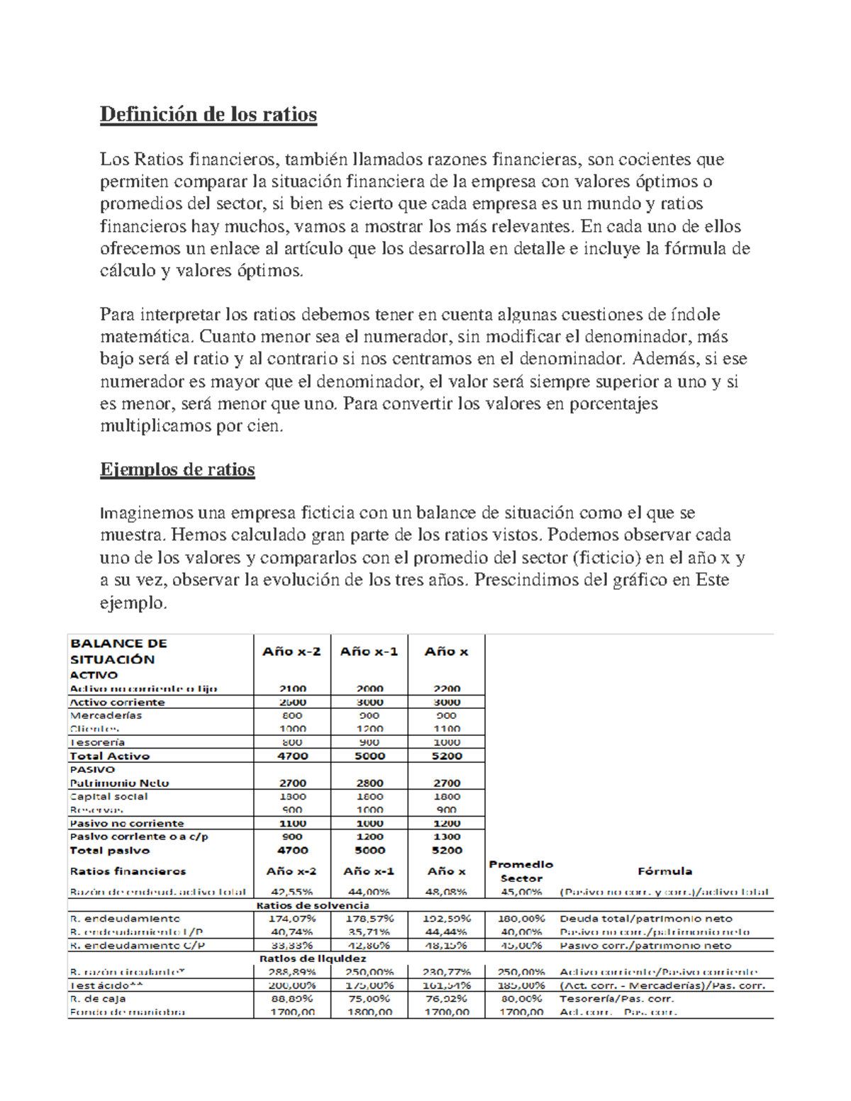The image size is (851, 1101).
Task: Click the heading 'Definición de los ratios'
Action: pyautogui.click(x=208, y=114)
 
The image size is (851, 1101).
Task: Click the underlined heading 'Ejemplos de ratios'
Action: pyautogui.click(x=177, y=469)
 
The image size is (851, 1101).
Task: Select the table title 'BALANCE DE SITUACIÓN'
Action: pyautogui.click(x=118, y=651)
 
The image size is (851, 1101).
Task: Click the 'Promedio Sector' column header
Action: pyautogui.click(x=521, y=871)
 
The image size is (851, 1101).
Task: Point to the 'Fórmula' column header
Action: pyautogui.click(x=664, y=871)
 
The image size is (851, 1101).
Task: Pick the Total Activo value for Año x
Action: pyautogui.click(x=446, y=756)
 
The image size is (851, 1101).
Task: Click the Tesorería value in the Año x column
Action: pyautogui.click(x=446, y=742)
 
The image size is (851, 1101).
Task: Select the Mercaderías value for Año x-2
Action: pyautogui.click(x=292, y=715)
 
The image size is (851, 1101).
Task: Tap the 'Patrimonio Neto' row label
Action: pyautogui.click(x=119, y=783)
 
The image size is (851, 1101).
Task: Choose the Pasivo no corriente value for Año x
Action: pyautogui.click(x=446, y=823)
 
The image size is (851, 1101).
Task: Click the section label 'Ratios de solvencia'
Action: pyautogui.click(x=312, y=905)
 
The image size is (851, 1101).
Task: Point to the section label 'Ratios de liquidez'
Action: pyautogui.click(x=312, y=959)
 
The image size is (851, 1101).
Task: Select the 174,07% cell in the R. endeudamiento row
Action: pyautogui.click(x=292, y=918)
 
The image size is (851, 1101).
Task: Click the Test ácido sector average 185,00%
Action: pyautogui.click(x=521, y=985)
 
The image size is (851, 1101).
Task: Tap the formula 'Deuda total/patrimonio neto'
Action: pyautogui.click(x=646, y=918)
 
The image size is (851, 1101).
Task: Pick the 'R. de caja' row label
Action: pyautogui.click(x=98, y=999)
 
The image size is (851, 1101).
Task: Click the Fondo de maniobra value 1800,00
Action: pyautogui.click(x=369, y=1012)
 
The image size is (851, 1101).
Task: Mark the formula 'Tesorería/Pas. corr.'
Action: pyautogui.click(x=616, y=999)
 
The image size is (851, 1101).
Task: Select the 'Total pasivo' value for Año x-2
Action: pyautogui.click(x=292, y=850)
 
